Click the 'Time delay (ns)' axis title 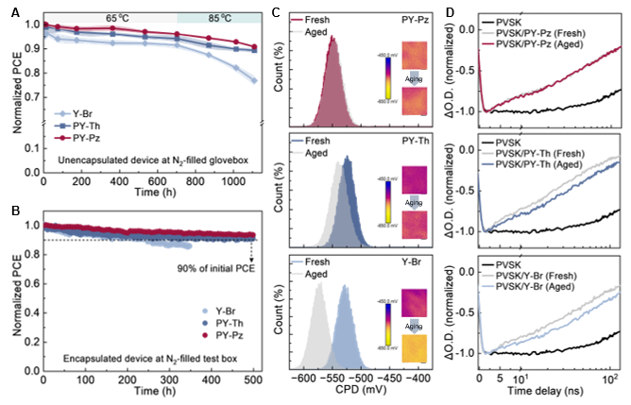(x=551, y=392)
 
